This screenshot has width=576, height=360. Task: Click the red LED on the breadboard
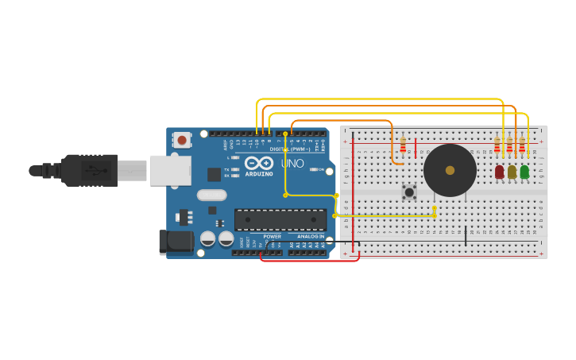coord(499,172)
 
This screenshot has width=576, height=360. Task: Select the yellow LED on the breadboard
coord(512,172)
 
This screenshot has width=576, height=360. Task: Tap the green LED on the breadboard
coord(524,172)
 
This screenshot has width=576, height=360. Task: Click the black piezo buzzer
coord(450,170)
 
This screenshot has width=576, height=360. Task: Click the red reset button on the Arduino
coord(182,141)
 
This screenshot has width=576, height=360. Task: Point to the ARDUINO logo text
coord(259,173)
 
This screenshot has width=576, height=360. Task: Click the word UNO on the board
coord(292,164)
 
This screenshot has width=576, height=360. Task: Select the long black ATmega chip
coord(280,219)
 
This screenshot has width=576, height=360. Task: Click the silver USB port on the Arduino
coord(170,170)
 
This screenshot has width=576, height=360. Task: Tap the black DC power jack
coord(175,242)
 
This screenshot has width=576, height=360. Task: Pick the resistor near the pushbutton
coord(403,145)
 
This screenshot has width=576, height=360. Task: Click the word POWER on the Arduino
coord(272,236)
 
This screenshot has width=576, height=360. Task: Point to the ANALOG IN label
coord(311,236)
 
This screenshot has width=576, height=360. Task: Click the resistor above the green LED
coord(522,145)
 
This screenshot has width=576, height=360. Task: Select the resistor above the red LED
coord(497,145)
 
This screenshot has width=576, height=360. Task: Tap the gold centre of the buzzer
coord(450,170)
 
